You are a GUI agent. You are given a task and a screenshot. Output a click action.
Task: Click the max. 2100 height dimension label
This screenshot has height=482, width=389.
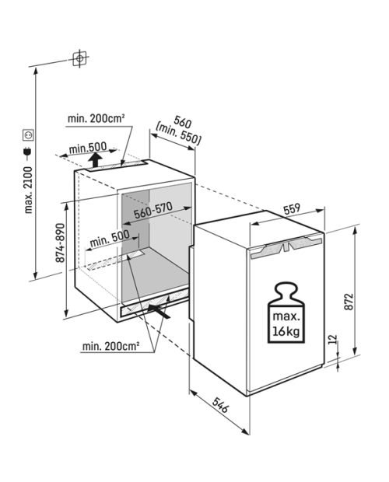pos(28,190)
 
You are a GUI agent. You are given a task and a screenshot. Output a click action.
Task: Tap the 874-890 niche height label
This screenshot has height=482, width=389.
pos(60,243)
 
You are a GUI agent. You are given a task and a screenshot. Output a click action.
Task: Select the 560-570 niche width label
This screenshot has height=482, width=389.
pos(153,210)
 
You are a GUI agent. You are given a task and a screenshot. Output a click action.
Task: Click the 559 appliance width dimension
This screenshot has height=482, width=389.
pos(291,208)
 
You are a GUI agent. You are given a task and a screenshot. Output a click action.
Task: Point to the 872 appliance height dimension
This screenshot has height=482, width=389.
pos(349,302)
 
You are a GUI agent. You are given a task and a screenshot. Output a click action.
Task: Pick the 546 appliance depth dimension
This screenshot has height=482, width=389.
pos(220,405)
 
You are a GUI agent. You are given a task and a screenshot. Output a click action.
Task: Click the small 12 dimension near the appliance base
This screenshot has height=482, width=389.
pos(333,340)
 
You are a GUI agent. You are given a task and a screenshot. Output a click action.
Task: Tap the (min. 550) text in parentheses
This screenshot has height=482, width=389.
pos(179,134)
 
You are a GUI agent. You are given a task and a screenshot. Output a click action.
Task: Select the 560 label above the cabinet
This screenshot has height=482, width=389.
pos(182,121)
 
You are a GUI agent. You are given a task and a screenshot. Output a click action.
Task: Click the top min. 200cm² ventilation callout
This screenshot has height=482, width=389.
pos(96,118)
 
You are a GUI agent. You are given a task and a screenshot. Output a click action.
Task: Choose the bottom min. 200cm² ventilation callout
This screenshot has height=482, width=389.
pos(110,346)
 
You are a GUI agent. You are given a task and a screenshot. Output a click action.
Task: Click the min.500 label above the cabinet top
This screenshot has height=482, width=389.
pos(88,148)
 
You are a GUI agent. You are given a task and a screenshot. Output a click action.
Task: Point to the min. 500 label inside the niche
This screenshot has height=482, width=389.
pos(110,239)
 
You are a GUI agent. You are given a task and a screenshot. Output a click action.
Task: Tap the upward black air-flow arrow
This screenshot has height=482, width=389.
pos(96,160)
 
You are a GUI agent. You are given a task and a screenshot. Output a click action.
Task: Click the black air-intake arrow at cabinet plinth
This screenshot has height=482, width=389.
pos(159,312)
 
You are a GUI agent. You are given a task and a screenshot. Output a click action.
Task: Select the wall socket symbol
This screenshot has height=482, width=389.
pos(28,135)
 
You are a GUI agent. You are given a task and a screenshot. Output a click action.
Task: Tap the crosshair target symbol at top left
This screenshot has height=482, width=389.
pos(79,58)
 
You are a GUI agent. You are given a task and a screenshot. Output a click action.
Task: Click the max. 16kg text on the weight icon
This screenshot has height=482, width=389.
pos(286,324)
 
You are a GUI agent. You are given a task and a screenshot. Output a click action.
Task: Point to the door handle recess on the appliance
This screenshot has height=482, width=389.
pos(286,246)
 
